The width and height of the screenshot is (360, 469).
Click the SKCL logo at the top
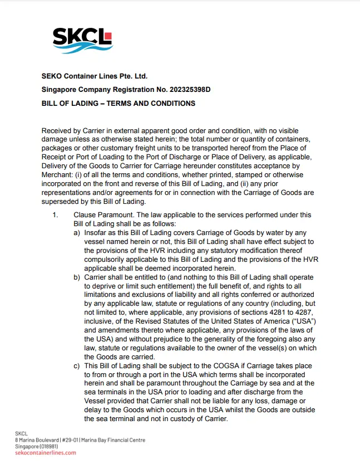pos(82,40)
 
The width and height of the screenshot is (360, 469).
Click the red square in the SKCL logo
pos(107,37)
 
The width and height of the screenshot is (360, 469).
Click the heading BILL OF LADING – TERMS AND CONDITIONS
pos(119,104)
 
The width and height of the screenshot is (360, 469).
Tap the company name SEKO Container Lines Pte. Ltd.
pos(94,76)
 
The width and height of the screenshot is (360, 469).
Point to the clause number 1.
pos(55,214)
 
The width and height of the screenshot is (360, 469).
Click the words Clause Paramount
pos(99,214)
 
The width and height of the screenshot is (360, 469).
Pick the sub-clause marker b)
pos(77,277)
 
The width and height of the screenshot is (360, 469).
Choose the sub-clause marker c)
pos(77,365)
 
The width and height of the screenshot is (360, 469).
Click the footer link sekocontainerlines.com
pos(46,453)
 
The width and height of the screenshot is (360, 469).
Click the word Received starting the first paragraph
pos(58,130)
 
